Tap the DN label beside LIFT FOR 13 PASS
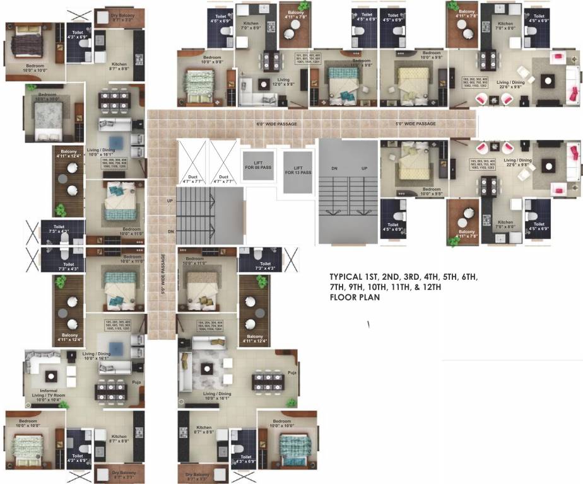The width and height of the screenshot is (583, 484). tap(334, 169)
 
